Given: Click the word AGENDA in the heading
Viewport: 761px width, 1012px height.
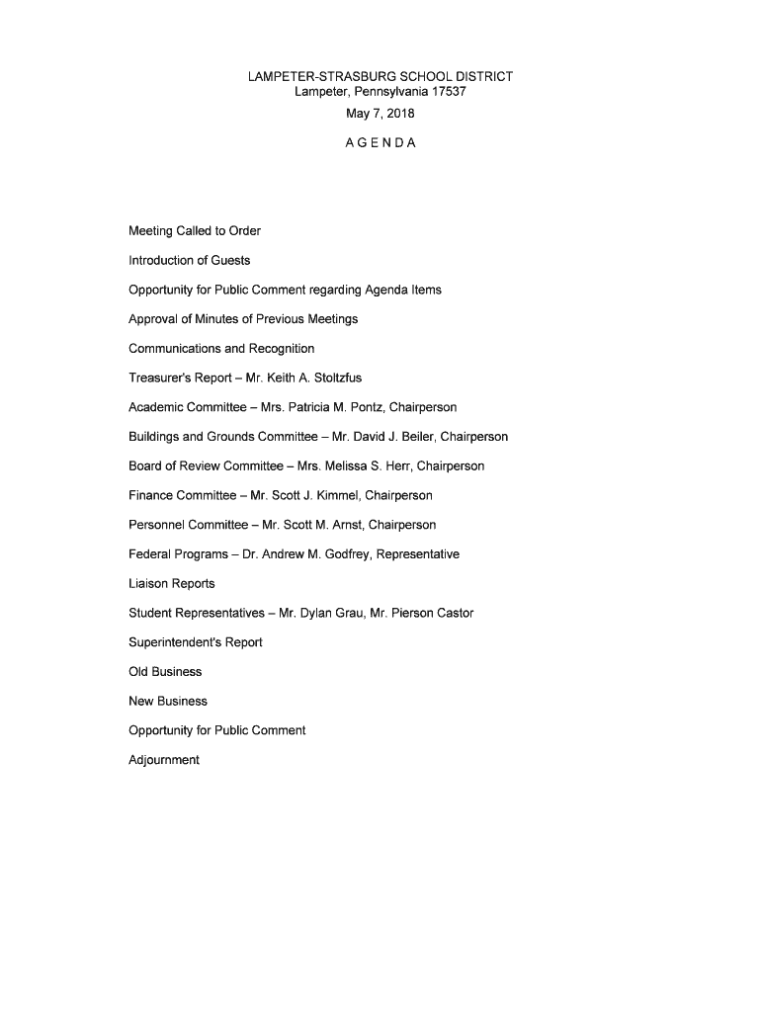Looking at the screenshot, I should point(380,143).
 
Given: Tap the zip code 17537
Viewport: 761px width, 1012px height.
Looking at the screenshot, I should point(447,92).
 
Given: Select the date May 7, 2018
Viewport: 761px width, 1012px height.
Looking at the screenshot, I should point(380,114).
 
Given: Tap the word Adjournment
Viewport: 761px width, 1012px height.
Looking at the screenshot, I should point(164,760).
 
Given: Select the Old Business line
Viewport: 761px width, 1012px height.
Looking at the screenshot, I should point(165,672).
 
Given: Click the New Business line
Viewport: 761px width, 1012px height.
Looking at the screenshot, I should point(168,701).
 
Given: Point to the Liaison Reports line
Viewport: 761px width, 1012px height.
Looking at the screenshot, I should point(172,584).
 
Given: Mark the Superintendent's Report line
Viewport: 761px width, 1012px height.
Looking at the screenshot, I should point(196,642).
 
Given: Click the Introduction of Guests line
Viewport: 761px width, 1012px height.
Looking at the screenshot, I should point(190,261).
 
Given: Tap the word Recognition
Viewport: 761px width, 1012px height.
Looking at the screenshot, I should point(282,349).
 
